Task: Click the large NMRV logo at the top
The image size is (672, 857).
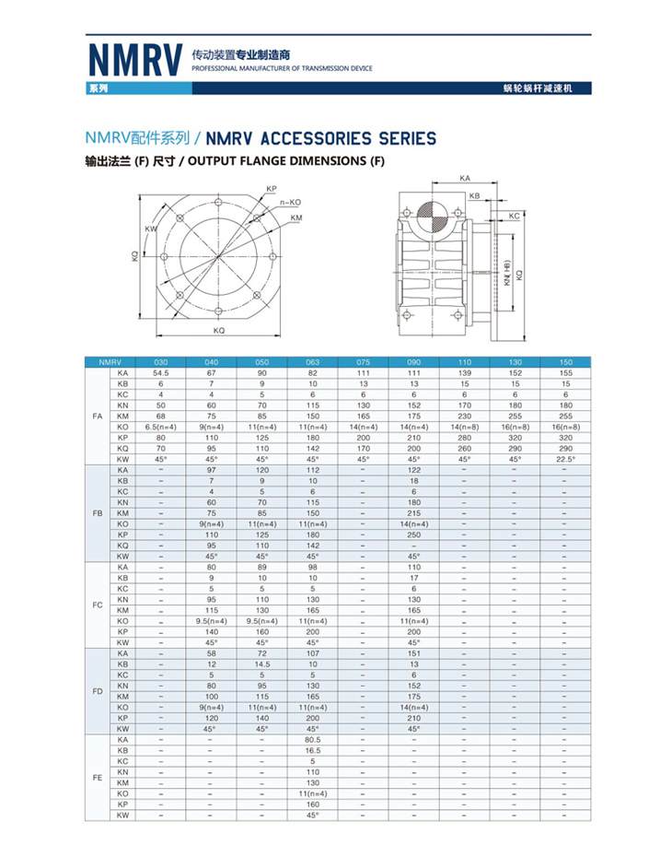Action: pos(134,59)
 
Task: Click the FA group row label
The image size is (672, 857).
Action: pos(98,417)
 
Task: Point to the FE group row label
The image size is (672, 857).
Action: pos(98,778)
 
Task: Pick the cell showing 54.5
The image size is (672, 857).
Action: pos(161,372)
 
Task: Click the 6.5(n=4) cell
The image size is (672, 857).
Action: pos(161,428)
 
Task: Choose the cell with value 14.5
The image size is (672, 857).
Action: pos(261,663)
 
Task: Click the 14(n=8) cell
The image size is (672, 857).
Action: pos(464,428)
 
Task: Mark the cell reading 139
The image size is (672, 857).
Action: pos(464,372)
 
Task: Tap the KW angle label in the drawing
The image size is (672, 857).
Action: pos(151,229)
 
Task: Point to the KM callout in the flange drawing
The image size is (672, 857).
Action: pos(295,217)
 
